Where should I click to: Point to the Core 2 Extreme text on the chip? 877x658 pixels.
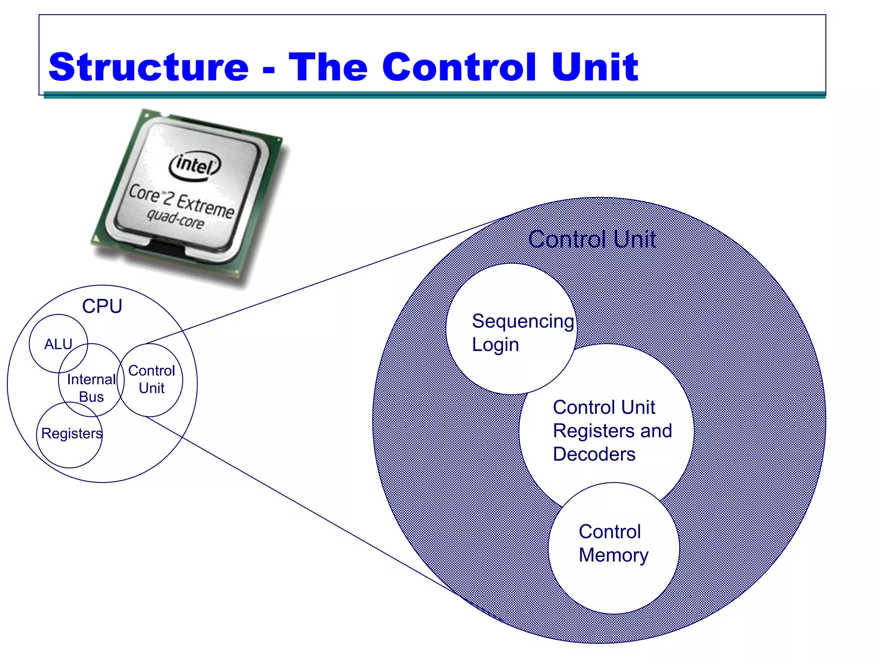(182, 200)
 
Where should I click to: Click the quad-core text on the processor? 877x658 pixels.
(175, 219)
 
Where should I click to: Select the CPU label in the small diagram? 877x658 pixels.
(102, 306)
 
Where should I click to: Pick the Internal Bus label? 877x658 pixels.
(91, 388)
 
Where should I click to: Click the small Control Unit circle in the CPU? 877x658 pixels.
(151, 380)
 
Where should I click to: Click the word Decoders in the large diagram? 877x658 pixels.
(594, 454)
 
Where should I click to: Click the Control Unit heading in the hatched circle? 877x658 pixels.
(592, 239)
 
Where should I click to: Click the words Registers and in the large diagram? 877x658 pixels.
(612, 431)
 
